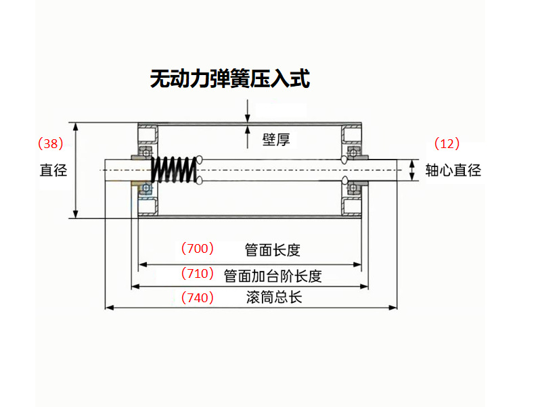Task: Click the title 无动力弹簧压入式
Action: [229, 79]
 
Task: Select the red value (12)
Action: [447, 143]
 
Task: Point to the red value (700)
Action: [197, 248]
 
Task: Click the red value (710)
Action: [197, 274]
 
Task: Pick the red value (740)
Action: [197, 297]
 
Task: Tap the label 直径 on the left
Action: [53, 170]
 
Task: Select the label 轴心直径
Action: [453, 170]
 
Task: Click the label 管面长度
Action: [272, 250]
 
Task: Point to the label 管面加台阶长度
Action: [272, 275]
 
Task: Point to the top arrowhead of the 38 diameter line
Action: [76, 126]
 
